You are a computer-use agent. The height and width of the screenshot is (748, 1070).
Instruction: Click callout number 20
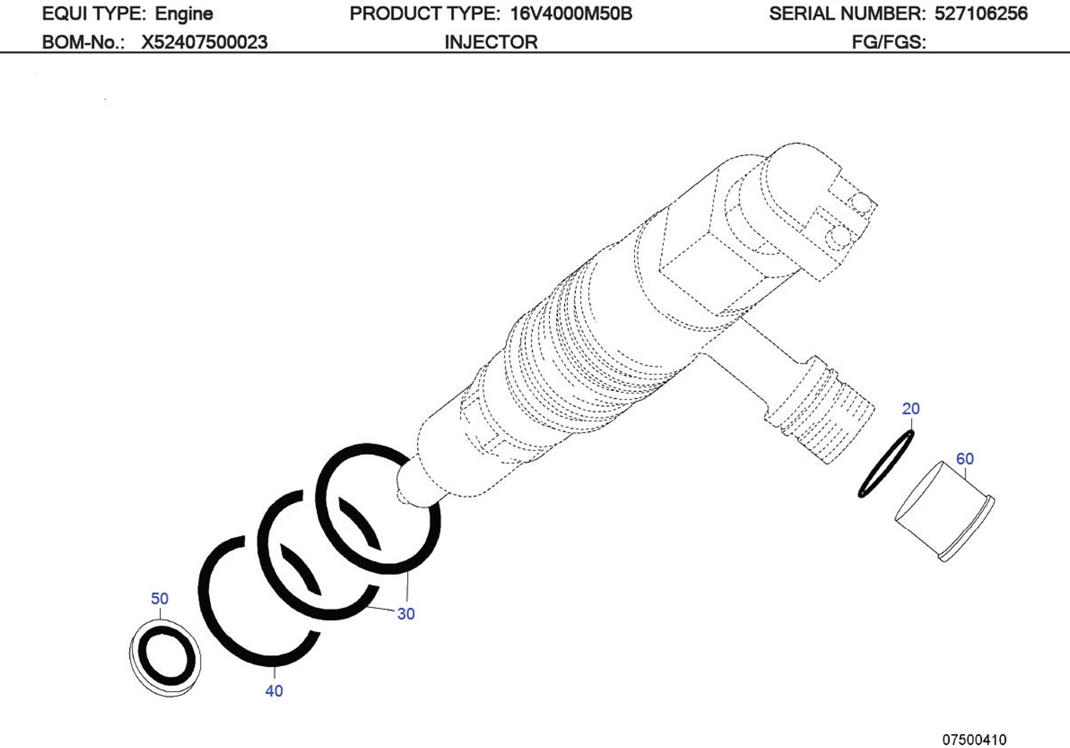coord(911,409)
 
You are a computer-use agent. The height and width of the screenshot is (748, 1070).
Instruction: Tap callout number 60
coord(965,459)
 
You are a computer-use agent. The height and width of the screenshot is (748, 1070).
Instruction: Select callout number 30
coord(406,614)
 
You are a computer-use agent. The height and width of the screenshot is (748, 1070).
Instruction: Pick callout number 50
coord(159,598)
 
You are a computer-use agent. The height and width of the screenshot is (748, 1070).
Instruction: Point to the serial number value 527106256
coord(981,14)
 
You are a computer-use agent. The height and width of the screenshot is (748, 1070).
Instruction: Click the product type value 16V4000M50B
coord(571,14)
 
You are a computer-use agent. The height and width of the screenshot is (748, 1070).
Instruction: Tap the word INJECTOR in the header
coord(491,42)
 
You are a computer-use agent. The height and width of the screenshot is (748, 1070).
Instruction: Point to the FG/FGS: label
coord(889,42)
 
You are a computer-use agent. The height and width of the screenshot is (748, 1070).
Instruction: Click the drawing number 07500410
coord(974,740)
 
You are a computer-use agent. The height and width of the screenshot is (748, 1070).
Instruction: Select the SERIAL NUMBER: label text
coord(846,14)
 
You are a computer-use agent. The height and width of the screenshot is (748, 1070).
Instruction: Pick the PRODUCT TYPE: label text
coord(424,14)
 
